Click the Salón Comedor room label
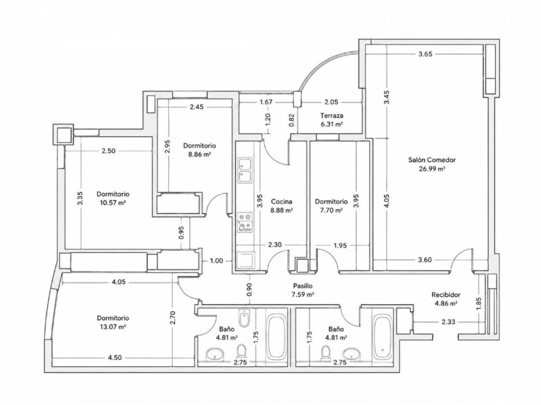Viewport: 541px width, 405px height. pos(432,160)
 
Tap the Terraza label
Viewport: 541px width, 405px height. pos(332,115)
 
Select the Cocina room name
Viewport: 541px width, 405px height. pos(281,202)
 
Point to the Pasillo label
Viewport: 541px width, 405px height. pos(303,286)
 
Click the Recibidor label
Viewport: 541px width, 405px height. pos(446,294)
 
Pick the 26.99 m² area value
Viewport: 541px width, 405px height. pos(432,169)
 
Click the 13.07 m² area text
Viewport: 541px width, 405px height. pos(113,327)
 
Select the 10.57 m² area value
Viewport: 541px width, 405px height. pos(113,203)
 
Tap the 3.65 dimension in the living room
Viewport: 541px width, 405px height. pos(425,54)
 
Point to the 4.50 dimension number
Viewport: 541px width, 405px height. pos(115,358)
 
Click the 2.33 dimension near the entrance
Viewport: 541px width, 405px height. pos(448,322)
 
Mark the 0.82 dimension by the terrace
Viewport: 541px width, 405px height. pos(292,120)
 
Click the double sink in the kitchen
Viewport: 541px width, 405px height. pos(245,170)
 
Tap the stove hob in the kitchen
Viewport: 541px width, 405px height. pos(245,222)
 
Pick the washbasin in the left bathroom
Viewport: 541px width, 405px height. pos(215,354)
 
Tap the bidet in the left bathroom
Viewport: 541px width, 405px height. pos(244,318)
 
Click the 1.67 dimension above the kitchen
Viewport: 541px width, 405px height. pos(266,102)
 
